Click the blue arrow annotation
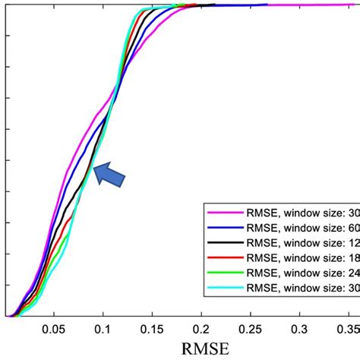coord(109,174)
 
